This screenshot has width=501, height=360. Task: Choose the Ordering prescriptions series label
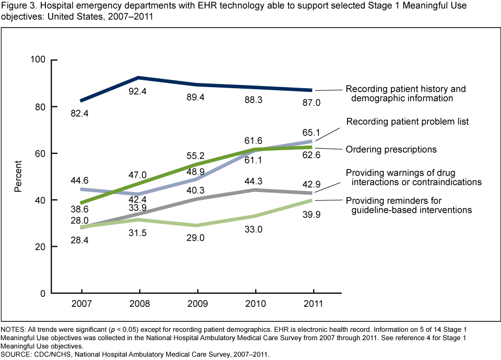391,149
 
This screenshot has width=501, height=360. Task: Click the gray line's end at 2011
313,193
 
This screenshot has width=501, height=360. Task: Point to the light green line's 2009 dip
197,225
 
